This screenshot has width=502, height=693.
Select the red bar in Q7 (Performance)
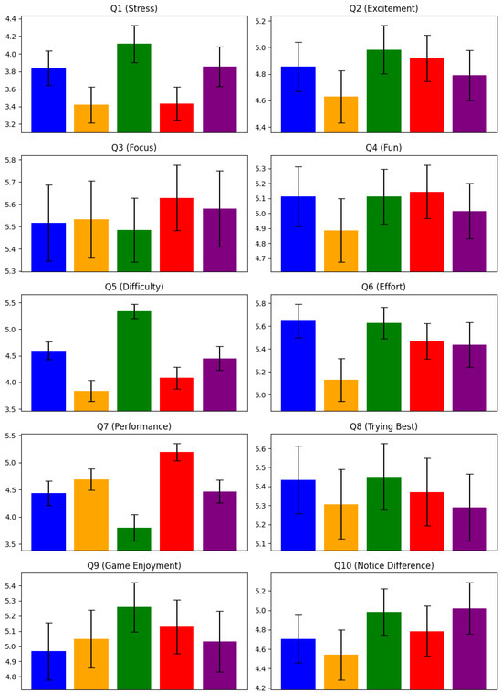click(177, 501)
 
